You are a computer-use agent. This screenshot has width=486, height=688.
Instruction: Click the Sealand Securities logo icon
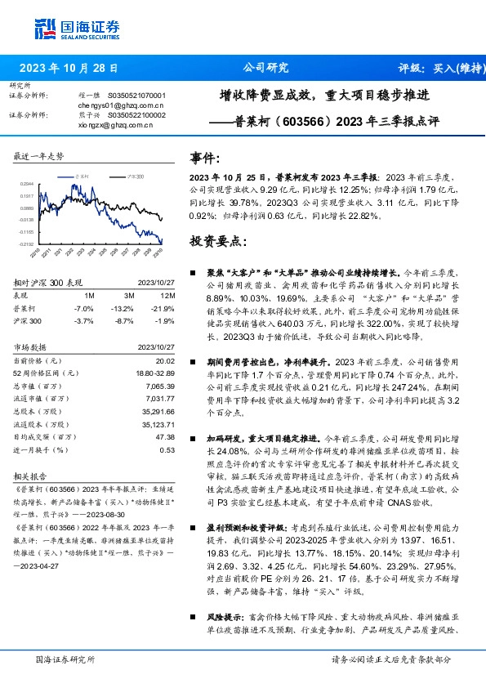click(x=43, y=28)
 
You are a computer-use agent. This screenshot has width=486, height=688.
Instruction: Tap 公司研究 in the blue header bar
click(x=266, y=68)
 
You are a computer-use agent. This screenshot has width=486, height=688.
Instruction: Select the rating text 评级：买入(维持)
click(x=434, y=68)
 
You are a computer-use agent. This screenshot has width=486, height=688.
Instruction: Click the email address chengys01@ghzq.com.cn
click(x=121, y=105)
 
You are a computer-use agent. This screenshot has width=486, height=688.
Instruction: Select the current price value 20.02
click(x=167, y=361)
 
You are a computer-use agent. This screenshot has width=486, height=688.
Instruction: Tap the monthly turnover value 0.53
click(x=168, y=449)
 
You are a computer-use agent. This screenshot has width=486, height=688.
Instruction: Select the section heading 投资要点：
click(x=216, y=241)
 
